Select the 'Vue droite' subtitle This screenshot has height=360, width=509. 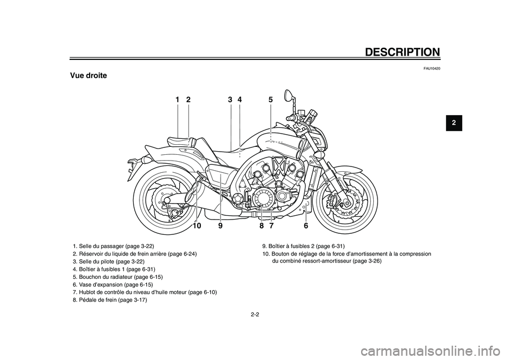pyautogui.click(x=88, y=76)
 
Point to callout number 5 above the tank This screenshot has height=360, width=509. pyautogui.click(x=270, y=99)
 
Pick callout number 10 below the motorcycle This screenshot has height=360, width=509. pyautogui.click(x=197, y=225)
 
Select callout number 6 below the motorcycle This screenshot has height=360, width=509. pyautogui.click(x=306, y=225)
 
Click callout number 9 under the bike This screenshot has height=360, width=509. pyautogui.click(x=220, y=225)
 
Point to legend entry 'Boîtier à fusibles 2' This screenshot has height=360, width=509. pyautogui.click(x=304, y=246)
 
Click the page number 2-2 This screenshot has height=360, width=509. pyautogui.click(x=254, y=314)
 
